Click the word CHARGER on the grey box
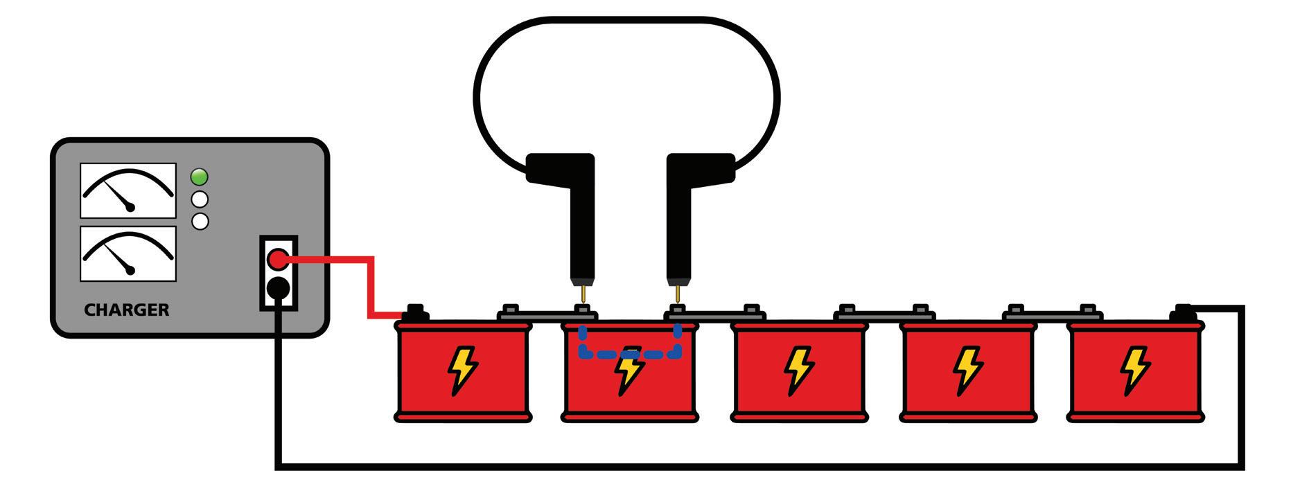pos(126,310)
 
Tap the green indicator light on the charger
pos(200,177)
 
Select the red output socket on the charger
pos(278,260)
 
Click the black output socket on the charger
pos(278,287)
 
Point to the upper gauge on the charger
pos(128,190)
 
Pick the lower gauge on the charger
pos(128,253)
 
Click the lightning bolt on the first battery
pos(462,371)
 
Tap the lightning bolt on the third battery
pos(798,371)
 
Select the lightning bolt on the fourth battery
pos(966,371)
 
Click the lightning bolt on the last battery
pos(1134,371)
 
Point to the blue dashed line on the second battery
pos(630,353)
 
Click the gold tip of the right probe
pos(677,294)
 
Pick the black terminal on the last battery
pos(1184,313)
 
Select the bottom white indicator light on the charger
pos(200,222)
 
